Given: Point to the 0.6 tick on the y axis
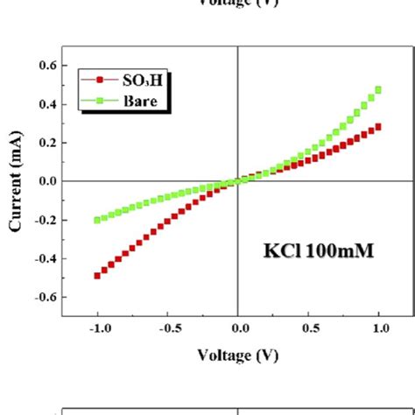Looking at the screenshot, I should tap(46, 66).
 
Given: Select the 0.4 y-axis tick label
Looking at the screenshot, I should tap(46, 104).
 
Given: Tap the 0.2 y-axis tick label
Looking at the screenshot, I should tap(46, 143).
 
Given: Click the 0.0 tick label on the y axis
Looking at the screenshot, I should tap(46, 181).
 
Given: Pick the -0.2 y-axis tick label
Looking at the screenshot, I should tap(44, 220).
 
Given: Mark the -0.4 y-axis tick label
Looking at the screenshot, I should tap(44, 258).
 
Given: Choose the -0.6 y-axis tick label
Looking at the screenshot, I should tap(44, 297).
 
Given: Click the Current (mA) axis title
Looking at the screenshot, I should tap(15, 181).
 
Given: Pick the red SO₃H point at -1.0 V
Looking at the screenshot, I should tap(96, 275).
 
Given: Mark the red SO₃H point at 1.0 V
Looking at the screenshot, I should tap(378, 127).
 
